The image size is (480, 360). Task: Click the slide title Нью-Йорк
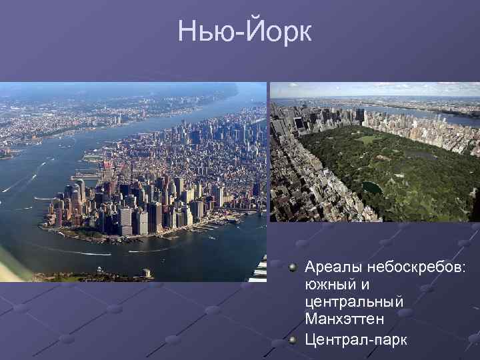click(x=244, y=32)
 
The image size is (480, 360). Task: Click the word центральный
click(x=354, y=303)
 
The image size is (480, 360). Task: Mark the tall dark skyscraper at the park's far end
click(x=360, y=114)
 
